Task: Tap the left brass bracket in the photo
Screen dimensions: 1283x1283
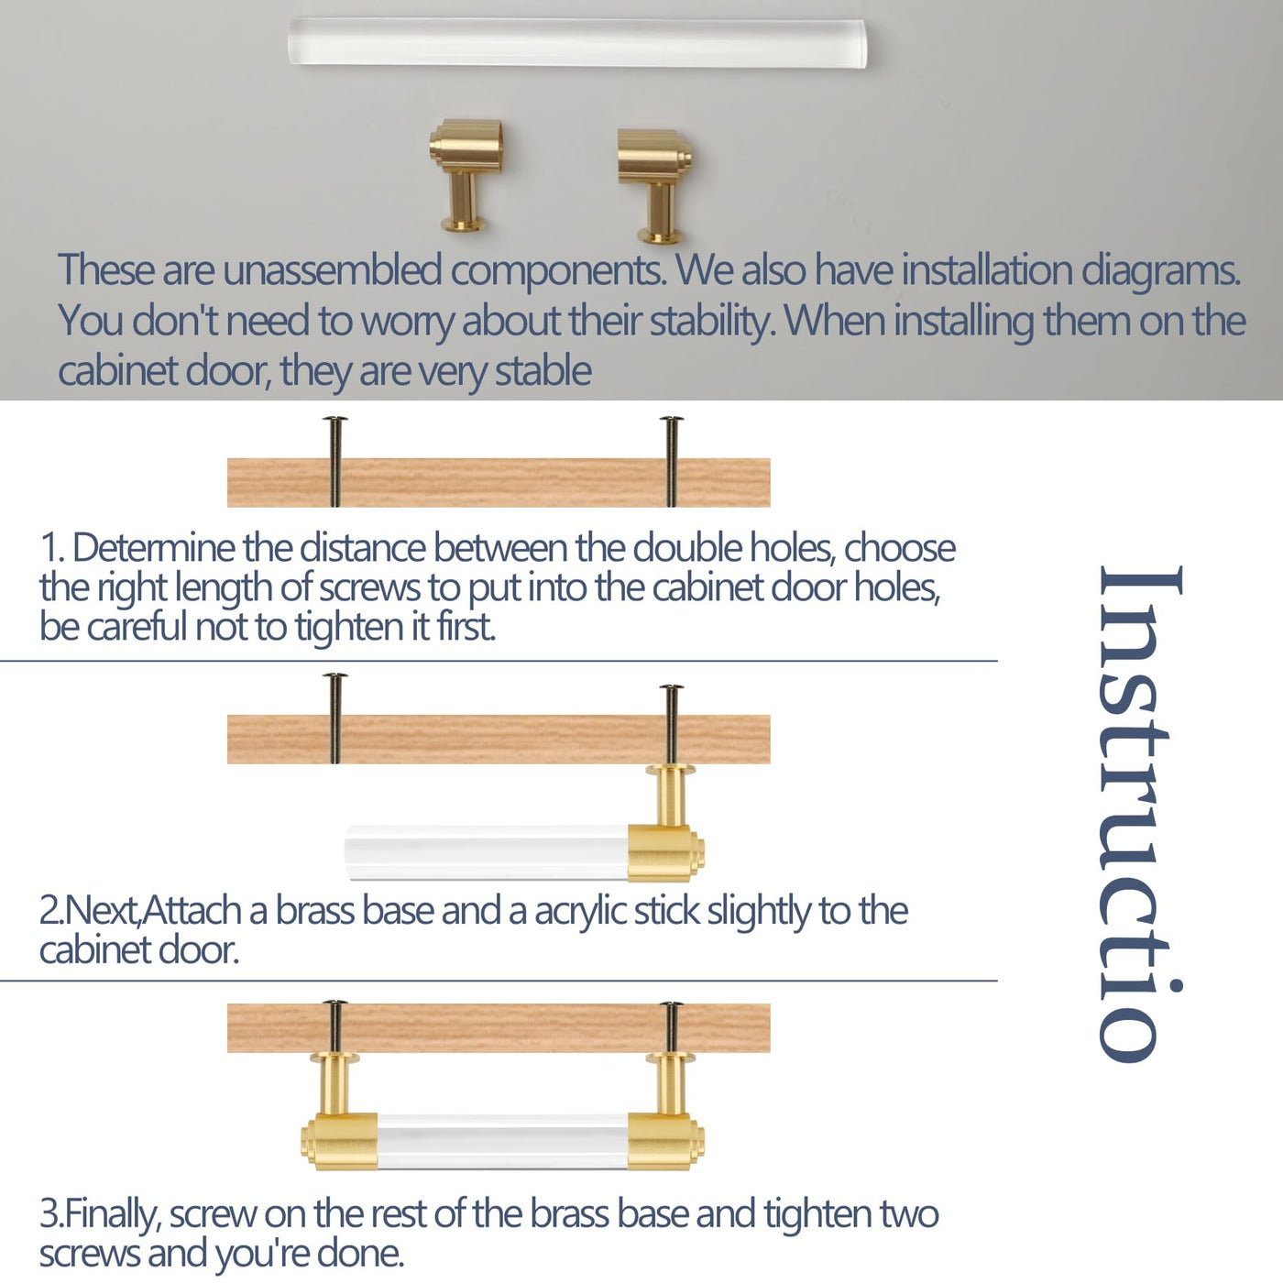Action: click(466, 174)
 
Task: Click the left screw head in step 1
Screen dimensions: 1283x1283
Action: click(335, 420)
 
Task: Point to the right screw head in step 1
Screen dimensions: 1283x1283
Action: click(671, 420)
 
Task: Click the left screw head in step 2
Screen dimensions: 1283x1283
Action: click(335, 676)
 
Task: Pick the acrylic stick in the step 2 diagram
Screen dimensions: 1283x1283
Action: click(486, 853)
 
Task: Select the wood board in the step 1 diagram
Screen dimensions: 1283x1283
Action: click(499, 483)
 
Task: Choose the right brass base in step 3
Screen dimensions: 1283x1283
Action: click(667, 1112)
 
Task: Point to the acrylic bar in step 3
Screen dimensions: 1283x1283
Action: click(503, 1141)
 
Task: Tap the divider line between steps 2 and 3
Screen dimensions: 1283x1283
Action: click(499, 981)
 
